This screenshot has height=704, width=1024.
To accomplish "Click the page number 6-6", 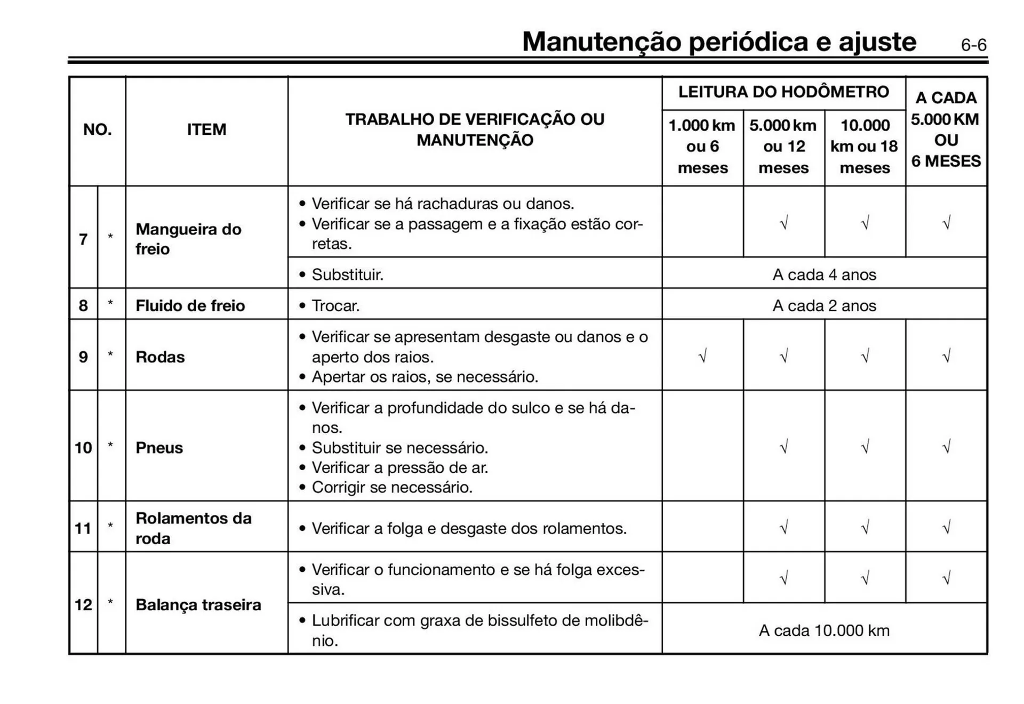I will (973, 45).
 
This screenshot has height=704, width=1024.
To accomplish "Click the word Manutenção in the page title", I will (601, 42).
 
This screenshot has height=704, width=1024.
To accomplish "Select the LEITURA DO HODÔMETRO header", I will (783, 92).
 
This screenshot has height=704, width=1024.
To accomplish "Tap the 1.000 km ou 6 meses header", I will (702, 147).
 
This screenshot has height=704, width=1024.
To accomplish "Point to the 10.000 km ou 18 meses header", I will (864, 147).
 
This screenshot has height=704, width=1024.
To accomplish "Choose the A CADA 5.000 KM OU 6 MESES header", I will (946, 130).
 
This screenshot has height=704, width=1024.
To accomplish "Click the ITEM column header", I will (206, 130).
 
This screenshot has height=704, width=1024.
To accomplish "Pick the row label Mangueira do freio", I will (188, 239).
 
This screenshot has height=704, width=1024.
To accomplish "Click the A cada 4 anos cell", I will (824, 274).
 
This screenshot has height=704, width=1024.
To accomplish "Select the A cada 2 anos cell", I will (824, 305).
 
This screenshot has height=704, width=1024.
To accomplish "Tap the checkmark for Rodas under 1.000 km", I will (702, 356).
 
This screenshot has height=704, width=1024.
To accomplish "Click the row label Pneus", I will (159, 448).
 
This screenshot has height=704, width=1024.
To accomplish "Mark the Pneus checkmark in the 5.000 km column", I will (783, 447).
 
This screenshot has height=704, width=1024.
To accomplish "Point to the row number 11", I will (83, 528).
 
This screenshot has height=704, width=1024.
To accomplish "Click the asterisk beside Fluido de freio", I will (110, 304).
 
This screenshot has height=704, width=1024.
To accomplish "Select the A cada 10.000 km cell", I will (824, 630).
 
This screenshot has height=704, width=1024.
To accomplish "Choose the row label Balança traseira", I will (198, 605).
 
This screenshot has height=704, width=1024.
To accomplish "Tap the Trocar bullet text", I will (335, 306).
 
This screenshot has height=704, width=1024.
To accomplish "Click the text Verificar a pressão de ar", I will (399, 467).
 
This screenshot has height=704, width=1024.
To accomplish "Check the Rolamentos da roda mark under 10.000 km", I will (865, 528).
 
